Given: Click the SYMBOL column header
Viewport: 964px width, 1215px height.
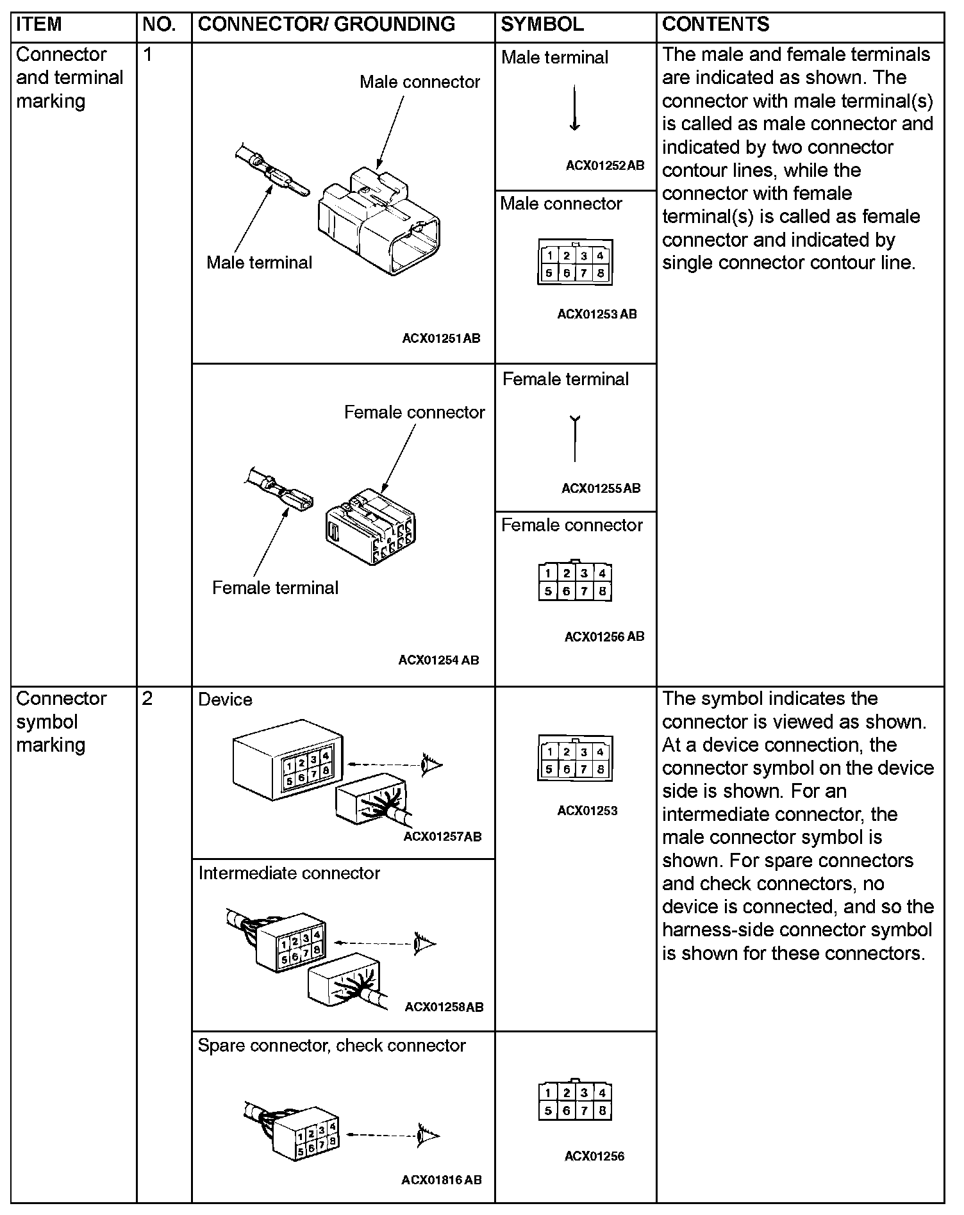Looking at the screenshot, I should point(542,24).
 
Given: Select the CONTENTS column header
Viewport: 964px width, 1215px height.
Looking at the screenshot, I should point(715,24).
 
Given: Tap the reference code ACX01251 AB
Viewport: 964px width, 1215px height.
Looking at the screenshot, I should point(441,338).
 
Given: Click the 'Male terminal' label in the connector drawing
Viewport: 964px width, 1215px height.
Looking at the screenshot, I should point(259,262).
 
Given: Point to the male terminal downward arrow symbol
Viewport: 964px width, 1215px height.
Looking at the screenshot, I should point(574,108).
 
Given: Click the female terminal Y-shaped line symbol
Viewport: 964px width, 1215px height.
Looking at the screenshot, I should point(575,438).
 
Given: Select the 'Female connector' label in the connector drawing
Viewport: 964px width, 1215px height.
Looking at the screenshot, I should point(414,412).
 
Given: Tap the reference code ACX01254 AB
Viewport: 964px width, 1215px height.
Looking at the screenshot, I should point(438,660).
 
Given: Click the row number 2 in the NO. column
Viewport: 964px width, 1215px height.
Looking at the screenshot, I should point(147,698).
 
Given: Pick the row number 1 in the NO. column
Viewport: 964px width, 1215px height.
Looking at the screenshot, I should point(147,54).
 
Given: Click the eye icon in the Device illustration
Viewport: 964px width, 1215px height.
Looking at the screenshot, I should point(431,764).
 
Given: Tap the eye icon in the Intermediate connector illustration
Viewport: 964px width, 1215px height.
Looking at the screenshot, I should point(424,943).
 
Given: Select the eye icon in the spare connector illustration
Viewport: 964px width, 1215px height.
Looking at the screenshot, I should point(428,1136).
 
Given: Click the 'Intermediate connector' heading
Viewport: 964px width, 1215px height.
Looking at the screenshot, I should point(289,873).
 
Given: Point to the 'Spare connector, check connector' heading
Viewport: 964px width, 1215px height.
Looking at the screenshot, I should point(331,1045).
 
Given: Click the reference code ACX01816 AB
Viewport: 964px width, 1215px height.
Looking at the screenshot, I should point(442,1180).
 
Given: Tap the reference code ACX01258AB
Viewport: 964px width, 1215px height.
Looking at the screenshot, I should point(444,1007).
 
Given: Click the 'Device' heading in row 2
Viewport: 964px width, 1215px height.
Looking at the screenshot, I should point(225,699).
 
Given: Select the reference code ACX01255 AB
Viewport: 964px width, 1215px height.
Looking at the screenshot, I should point(601,488).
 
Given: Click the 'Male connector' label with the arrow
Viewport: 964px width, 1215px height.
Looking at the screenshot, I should point(419,82).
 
